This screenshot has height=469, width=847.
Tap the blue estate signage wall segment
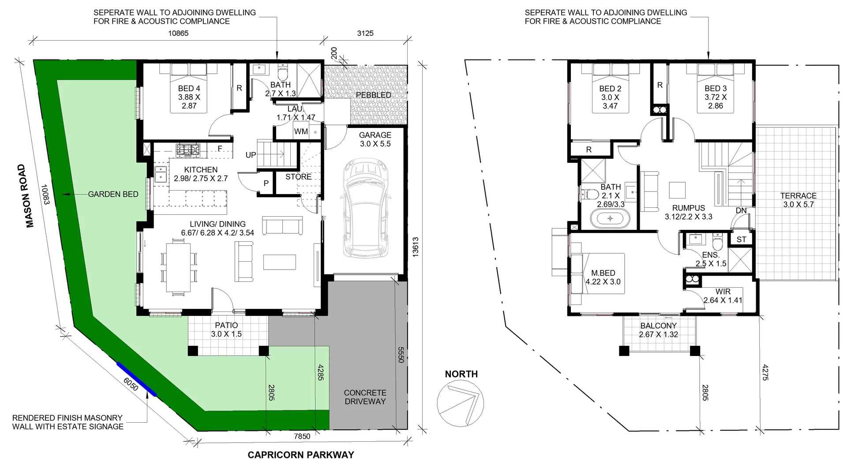(x=136, y=379)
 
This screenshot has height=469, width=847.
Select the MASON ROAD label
(x=30, y=196)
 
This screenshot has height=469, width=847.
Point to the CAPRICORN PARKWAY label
(x=301, y=455)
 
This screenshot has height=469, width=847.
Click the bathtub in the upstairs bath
(x=611, y=218)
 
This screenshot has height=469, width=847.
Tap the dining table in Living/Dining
(x=179, y=267)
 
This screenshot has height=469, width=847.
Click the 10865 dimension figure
(x=178, y=33)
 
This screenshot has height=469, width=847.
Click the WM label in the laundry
(x=301, y=131)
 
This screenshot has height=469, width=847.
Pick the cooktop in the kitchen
(x=188, y=150)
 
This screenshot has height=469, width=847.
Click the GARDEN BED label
(x=113, y=194)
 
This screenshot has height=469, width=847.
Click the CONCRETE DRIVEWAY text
(x=365, y=397)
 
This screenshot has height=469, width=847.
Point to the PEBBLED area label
(x=373, y=95)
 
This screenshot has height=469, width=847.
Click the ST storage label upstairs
(x=741, y=239)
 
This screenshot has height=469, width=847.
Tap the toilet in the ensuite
(x=717, y=242)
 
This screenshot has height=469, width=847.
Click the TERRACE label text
(x=798, y=195)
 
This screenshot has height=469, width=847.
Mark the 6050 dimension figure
(x=131, y=384)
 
